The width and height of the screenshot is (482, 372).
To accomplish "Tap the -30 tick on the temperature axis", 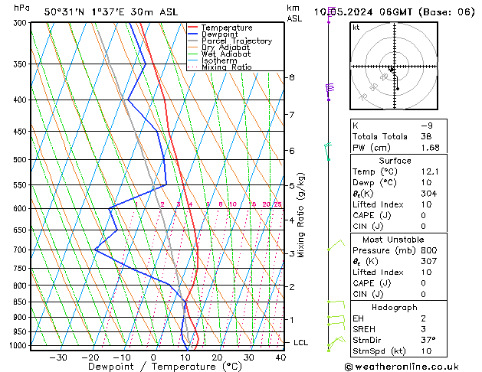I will tap(57, 357).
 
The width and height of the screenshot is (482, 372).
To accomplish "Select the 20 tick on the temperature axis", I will tap(217, 357).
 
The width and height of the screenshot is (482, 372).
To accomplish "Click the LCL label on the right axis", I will tap(300, 342).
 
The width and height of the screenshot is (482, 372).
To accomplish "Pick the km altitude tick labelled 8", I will tap(291, 77).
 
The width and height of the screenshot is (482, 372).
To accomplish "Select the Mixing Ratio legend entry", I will tap(227, 67).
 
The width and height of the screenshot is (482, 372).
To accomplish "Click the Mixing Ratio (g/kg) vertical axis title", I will tap(302, 215).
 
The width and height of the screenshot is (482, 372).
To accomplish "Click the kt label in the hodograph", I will tap(356, 28).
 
